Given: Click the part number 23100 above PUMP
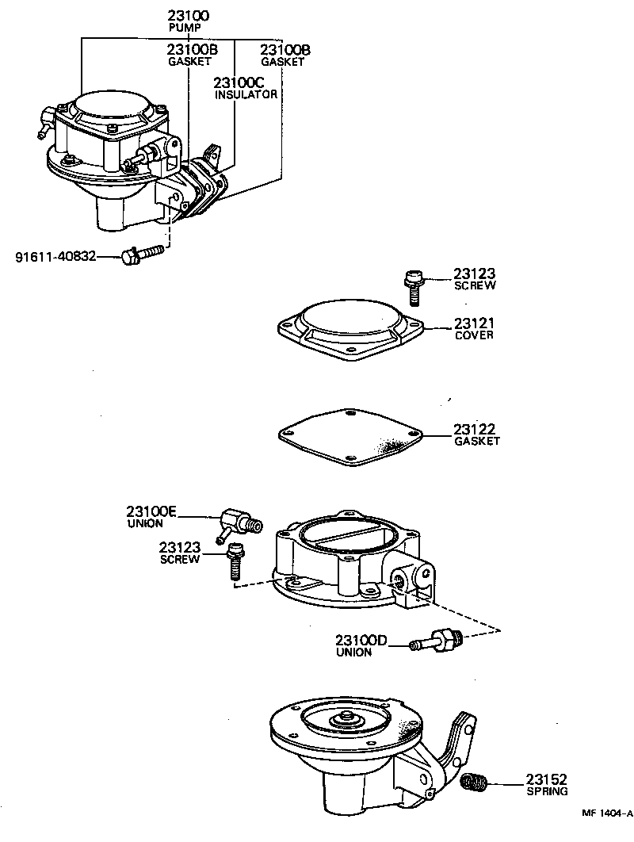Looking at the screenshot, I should pyautogui.click(x=188, y=15).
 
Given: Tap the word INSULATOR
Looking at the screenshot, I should pyautogui.click(x=246, y=94).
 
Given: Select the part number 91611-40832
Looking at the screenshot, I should pyautogui.click(x=55, y=256).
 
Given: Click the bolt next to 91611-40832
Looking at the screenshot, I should pyautogui.click(x=143, y=254).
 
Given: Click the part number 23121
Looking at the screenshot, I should pyautogui.click(x=474, y=323).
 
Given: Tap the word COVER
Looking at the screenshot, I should pyautogui.click(x=474, y=335).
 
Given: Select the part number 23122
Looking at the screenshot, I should pyautogui.click(x=474, y=429).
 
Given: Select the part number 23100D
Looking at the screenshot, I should pyautogui.click(x=361, y=641).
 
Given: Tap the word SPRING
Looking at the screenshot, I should pyautogui.click(x=546, y=791).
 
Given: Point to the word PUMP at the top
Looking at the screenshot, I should pyautogui.click(x=185, y=28).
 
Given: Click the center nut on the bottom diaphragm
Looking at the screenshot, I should pyautogui.click(x=346, y=718).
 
